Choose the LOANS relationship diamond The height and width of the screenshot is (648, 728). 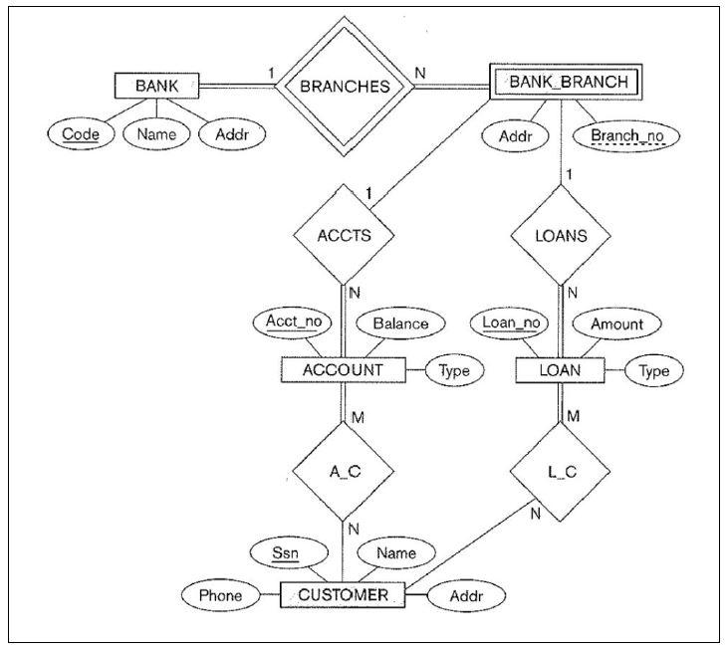click(x=561, y=237)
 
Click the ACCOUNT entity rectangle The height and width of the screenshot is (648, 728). click(x=344, y=370)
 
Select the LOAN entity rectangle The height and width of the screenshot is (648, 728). click(x=562, y=370)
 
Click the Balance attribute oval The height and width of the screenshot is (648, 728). click(x=400, y=324)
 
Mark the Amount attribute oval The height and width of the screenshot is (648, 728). click(x=616, y=324)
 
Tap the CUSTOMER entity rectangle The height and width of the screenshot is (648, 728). click(x=343, y=596)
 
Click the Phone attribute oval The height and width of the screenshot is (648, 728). click(x=220, y=596)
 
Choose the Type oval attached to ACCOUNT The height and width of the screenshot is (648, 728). click(x=455, y=370)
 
